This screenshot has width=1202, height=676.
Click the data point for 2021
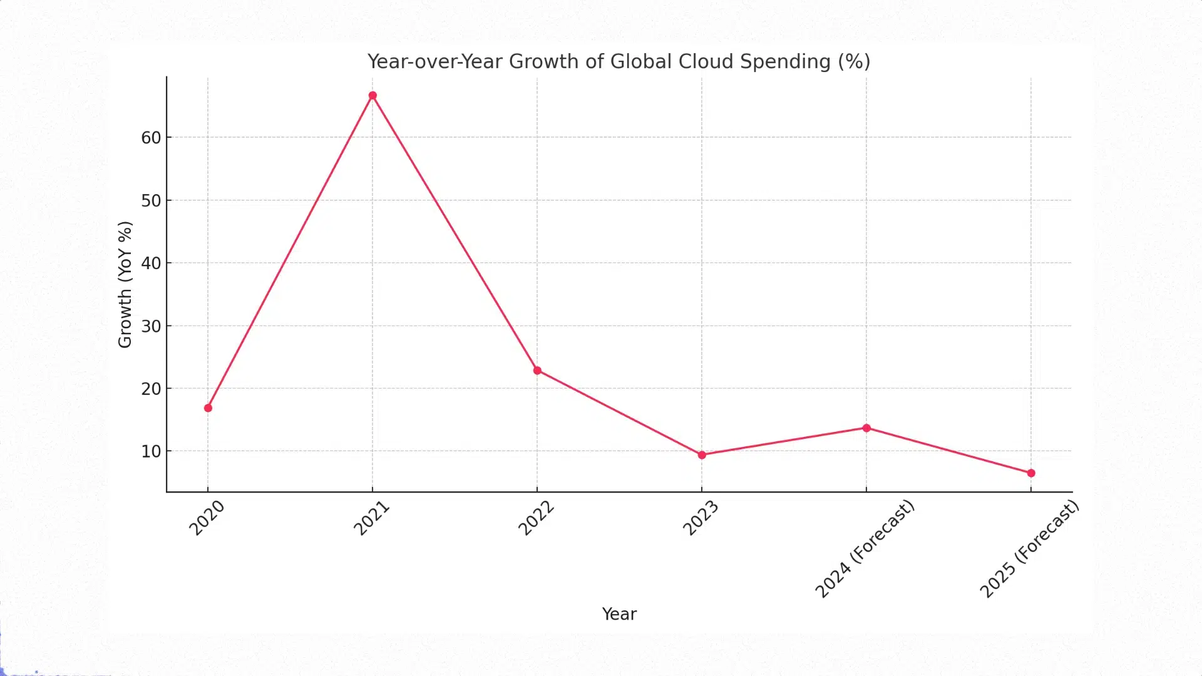(372, 96)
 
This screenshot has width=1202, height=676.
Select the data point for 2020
(208, 408)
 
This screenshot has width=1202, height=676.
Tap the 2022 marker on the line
(537, 371)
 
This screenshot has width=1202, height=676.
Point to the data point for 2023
(702, 455)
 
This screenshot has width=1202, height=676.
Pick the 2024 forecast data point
(866, 428)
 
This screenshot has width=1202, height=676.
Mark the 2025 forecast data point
(1031, 473)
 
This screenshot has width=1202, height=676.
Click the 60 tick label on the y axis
(151, 138)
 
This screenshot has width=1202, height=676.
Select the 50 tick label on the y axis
(151, 201)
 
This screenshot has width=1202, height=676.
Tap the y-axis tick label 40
(151, 264)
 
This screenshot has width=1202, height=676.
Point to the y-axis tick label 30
(151, 326)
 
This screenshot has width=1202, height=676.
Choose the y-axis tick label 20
(151, 389)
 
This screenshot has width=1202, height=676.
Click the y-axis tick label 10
(151, 451)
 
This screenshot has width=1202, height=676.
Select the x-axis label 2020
(207, 518)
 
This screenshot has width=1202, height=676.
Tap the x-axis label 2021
(371, 518)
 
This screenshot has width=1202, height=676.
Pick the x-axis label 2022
(536, 518)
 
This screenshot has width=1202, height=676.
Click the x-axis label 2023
(701, 518)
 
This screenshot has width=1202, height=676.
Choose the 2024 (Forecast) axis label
(865, 549)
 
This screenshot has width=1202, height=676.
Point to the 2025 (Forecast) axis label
(1029, 549)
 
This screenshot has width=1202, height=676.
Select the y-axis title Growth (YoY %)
(125, 284)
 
